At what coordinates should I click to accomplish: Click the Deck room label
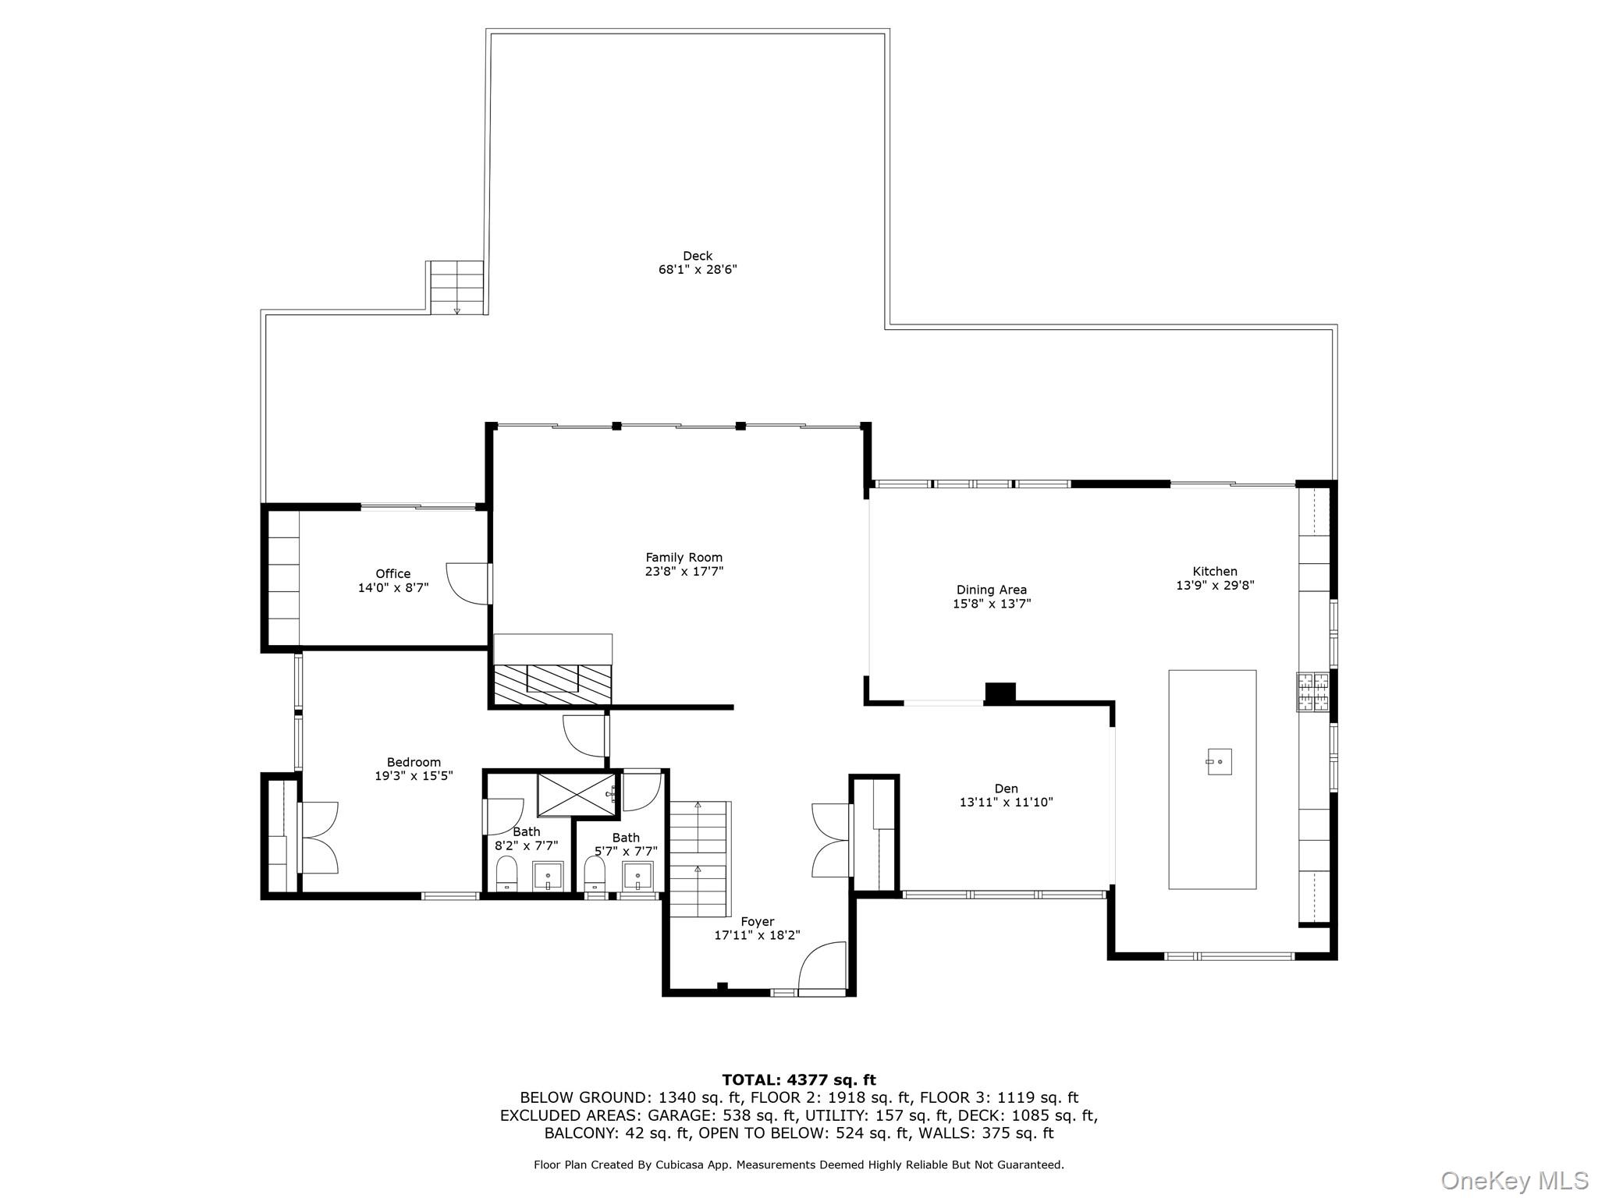(697, 256)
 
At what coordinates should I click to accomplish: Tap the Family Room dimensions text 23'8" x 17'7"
(684, 571)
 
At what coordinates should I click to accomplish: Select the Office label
(392, 573)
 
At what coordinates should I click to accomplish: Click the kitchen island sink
(1219, 761)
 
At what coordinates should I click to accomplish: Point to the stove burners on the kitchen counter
(1312, 692)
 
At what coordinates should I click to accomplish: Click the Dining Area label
(991, 590)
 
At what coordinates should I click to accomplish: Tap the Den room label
(1006, 789)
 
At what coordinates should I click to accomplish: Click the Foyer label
(757, 922)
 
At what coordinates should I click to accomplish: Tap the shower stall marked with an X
(576, 794)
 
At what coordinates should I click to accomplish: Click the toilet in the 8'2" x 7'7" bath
(507, 874)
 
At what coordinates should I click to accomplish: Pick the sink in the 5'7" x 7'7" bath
(637, 876)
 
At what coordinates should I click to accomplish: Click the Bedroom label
(414, 762)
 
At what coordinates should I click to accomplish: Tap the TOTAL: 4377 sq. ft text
(798, 1079)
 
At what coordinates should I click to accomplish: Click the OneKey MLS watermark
(1513, 1180)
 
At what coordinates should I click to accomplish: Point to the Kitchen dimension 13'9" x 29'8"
(1214, 585)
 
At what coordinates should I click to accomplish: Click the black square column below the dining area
(1000, 693)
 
